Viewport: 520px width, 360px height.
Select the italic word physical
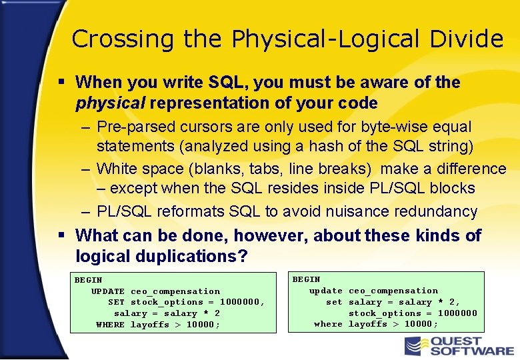click(111, 103)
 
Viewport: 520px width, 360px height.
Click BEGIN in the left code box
click(88, 280)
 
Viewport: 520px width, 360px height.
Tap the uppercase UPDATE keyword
click(108, 291)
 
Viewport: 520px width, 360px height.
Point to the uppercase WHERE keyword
click(110, 325)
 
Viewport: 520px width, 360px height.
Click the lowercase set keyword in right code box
click(334, 302)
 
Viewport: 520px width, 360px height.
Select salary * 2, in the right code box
click(404, 302)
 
